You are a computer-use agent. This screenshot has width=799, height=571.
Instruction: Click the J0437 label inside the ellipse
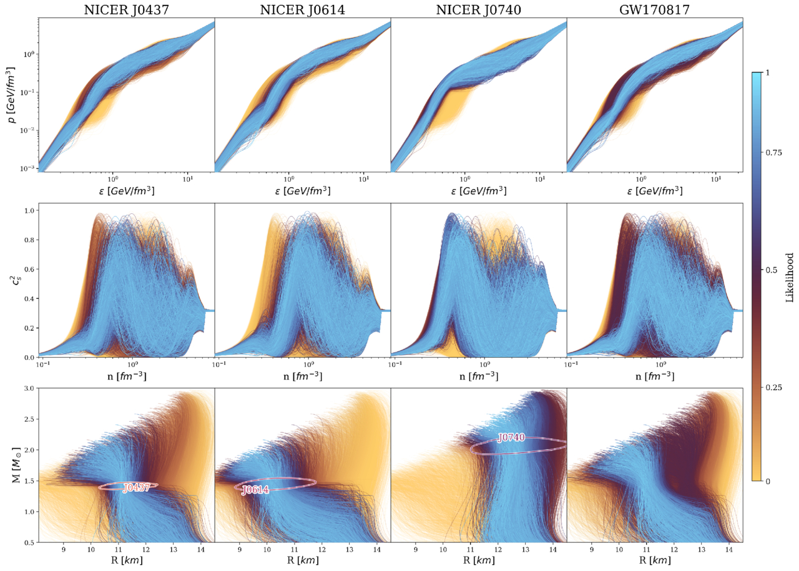pyautogui.click(x=137, y=488)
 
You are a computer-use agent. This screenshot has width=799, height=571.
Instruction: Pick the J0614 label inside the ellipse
pyautogui.click(x=255, y=490)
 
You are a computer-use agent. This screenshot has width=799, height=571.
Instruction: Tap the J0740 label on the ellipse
pyautogui.click(x=511, y=438)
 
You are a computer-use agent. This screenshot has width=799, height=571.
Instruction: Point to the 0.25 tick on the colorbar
pyautogui.click(x=769, y=388)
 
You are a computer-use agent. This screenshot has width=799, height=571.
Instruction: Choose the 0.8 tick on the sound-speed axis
pyautogui.click(x=29, y=240)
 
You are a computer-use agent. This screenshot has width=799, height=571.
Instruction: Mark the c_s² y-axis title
pyautogui.click(x=12, y=280)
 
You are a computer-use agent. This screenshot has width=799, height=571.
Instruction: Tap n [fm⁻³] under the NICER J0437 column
pyautogui.click(x=126, y=377)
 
